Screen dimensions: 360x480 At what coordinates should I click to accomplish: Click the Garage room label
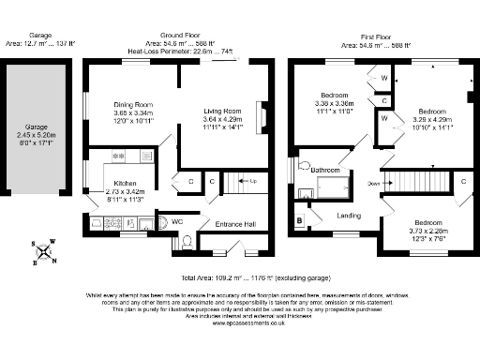(x=35, y=126)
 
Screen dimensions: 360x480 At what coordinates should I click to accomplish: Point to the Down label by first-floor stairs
(x=373, y=184)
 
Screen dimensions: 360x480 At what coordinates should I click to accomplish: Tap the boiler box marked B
(x=299, y=220)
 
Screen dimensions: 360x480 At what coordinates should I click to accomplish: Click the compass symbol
(x=43, y=252)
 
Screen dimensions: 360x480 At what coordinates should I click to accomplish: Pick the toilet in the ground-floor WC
(x=186, y=241)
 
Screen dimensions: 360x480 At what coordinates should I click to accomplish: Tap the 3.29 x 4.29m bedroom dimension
(x=435, y=119)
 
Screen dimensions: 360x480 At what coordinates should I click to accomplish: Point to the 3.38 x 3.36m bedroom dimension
(x=335, y=104)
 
